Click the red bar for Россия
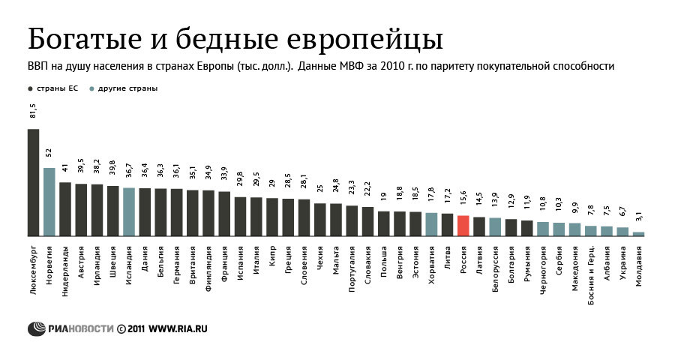(x=463, y=226)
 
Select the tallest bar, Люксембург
(x=33, y=182)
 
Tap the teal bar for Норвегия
(x=49, y=202)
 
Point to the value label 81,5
(x=33, y=111)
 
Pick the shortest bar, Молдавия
(x=638, y=234)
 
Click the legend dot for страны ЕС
(x=30, y=88)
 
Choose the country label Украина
(x=623, y=257)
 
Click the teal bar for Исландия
(x=129, y=211)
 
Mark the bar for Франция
(x=224, y=214)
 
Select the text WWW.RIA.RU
(x=178, y=328)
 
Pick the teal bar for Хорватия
(x=431, y=224)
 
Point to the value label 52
(x=49, y=153)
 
